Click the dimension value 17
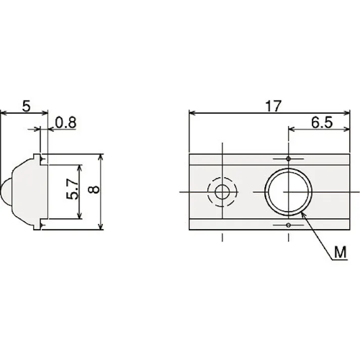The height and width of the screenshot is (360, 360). (273, 106)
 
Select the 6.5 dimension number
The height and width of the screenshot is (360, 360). (322, 122)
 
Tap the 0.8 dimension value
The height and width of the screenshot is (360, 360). (66, 123)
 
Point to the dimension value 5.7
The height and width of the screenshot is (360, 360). (72, 189)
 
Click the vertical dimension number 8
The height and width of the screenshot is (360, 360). (94, 189)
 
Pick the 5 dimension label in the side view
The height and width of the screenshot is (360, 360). (26, 107)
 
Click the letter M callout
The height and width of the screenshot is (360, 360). (340, 252)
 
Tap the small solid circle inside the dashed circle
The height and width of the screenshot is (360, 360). (222, 192)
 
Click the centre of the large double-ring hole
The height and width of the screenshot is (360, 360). (288, 192)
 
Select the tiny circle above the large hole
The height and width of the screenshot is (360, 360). (288, 159)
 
